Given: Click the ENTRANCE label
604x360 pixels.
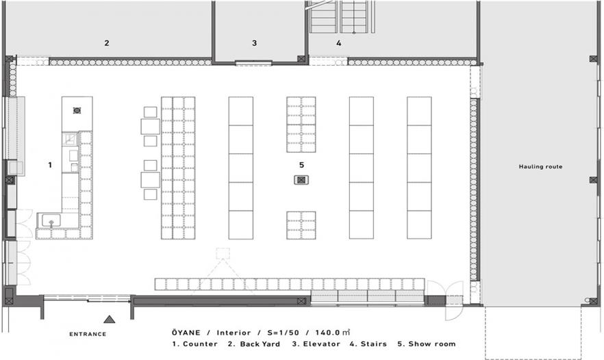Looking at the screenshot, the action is [88, 334].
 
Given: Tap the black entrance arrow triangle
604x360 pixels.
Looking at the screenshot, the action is [110, 319].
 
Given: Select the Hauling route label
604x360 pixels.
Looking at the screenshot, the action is [540, 167].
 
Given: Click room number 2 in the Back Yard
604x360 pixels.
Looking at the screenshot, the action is [107, 43].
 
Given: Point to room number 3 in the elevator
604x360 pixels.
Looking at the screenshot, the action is [254, 43].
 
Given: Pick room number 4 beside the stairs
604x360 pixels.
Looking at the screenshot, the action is [338, 43].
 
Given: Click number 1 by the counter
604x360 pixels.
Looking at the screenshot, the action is [50, 165].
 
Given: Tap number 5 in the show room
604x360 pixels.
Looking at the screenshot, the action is [301, 165].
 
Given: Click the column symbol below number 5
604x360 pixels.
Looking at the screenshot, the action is [301, 180].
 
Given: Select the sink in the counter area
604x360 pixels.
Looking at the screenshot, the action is [51, 221].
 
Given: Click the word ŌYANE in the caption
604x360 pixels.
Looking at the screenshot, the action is [186, 333].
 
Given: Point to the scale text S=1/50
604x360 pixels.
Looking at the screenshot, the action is [283, 333].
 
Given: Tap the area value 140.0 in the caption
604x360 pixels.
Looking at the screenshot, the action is [328, 333].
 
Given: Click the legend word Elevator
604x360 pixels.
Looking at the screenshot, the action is [322, 344].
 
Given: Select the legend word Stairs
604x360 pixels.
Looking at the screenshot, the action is [374, 344].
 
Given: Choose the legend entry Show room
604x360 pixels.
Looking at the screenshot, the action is [432, 344].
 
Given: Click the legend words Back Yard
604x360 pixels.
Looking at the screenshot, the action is [260, 344].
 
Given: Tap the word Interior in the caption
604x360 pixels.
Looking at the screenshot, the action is [234, 333].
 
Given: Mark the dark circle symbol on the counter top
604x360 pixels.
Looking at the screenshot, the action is [77, 110].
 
